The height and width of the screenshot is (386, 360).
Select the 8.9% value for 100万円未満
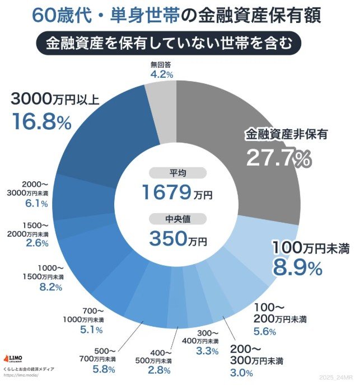tap(297, 267)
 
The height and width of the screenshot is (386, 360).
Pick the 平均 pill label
tap(178, 173)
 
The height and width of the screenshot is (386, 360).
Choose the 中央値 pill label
tap(178, 219)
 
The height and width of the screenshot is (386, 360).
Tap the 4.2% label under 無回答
tap(161, 73)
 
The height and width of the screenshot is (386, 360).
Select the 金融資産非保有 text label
tap(286, 134)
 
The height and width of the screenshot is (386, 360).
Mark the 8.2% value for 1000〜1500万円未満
tap(48, 287)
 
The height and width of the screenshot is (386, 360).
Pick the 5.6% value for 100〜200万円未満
tap(265, 331)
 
